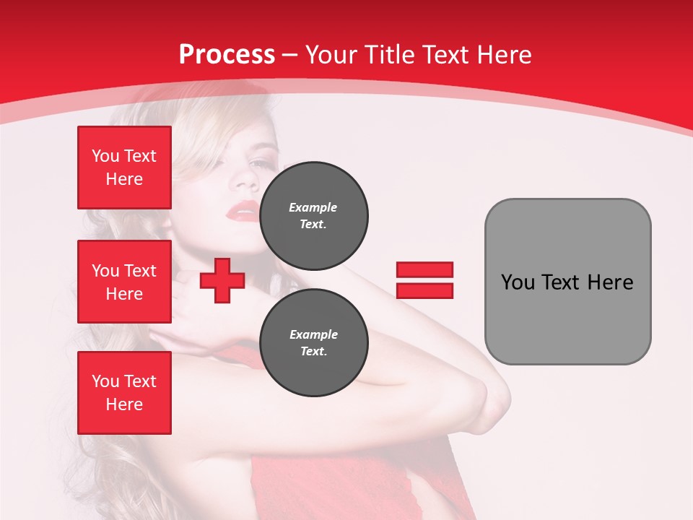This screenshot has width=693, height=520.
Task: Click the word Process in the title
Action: [x=227, y=55]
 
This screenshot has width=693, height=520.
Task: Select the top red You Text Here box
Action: [x=124, y=168]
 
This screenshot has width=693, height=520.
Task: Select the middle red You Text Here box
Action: [x=124, y=282]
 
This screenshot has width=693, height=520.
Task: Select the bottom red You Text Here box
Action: [x=124, y=393]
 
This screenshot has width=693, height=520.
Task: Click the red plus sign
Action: [x=222, y=280]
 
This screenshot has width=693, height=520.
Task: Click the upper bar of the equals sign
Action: [x=424, y=269]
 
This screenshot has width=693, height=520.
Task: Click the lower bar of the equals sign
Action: [x=424, y=290]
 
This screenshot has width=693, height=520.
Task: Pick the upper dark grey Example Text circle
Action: [x=313, y=216]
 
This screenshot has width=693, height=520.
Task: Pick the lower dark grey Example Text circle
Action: [x=313, y=343]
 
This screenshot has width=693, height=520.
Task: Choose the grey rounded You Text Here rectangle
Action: [x=567, y=282]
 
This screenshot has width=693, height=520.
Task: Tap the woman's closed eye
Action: [x=258, y=164]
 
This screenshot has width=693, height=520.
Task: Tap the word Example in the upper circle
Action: [x=313, y=207]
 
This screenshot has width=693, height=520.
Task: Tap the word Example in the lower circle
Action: [x=313, y=334]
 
